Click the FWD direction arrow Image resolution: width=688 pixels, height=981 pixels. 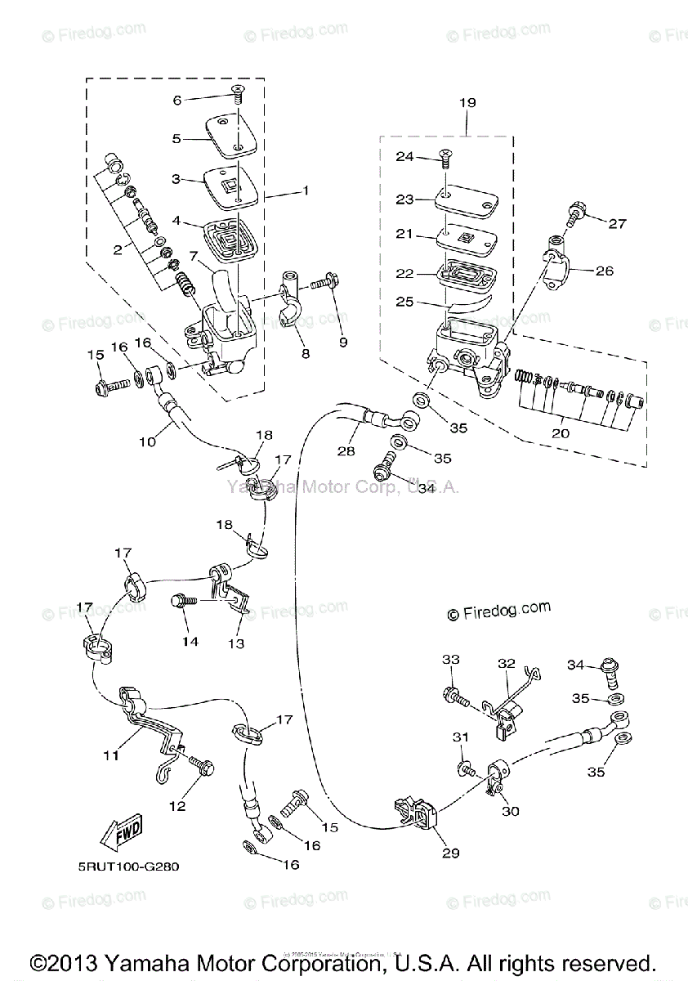pos(120,834)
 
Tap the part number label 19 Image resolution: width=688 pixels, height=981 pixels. pos(467,103)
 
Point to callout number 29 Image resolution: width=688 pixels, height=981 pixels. pos(451,853)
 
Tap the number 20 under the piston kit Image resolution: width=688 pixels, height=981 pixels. pos(560,432)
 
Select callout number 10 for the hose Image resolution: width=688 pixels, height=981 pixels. pos(146,442)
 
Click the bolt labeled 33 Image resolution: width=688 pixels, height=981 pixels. pos(454,697)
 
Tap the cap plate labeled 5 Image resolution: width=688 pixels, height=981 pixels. pos(230,133)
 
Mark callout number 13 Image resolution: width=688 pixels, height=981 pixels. pos(235,643)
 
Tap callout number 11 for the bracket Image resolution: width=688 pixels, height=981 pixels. pos(110,755)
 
